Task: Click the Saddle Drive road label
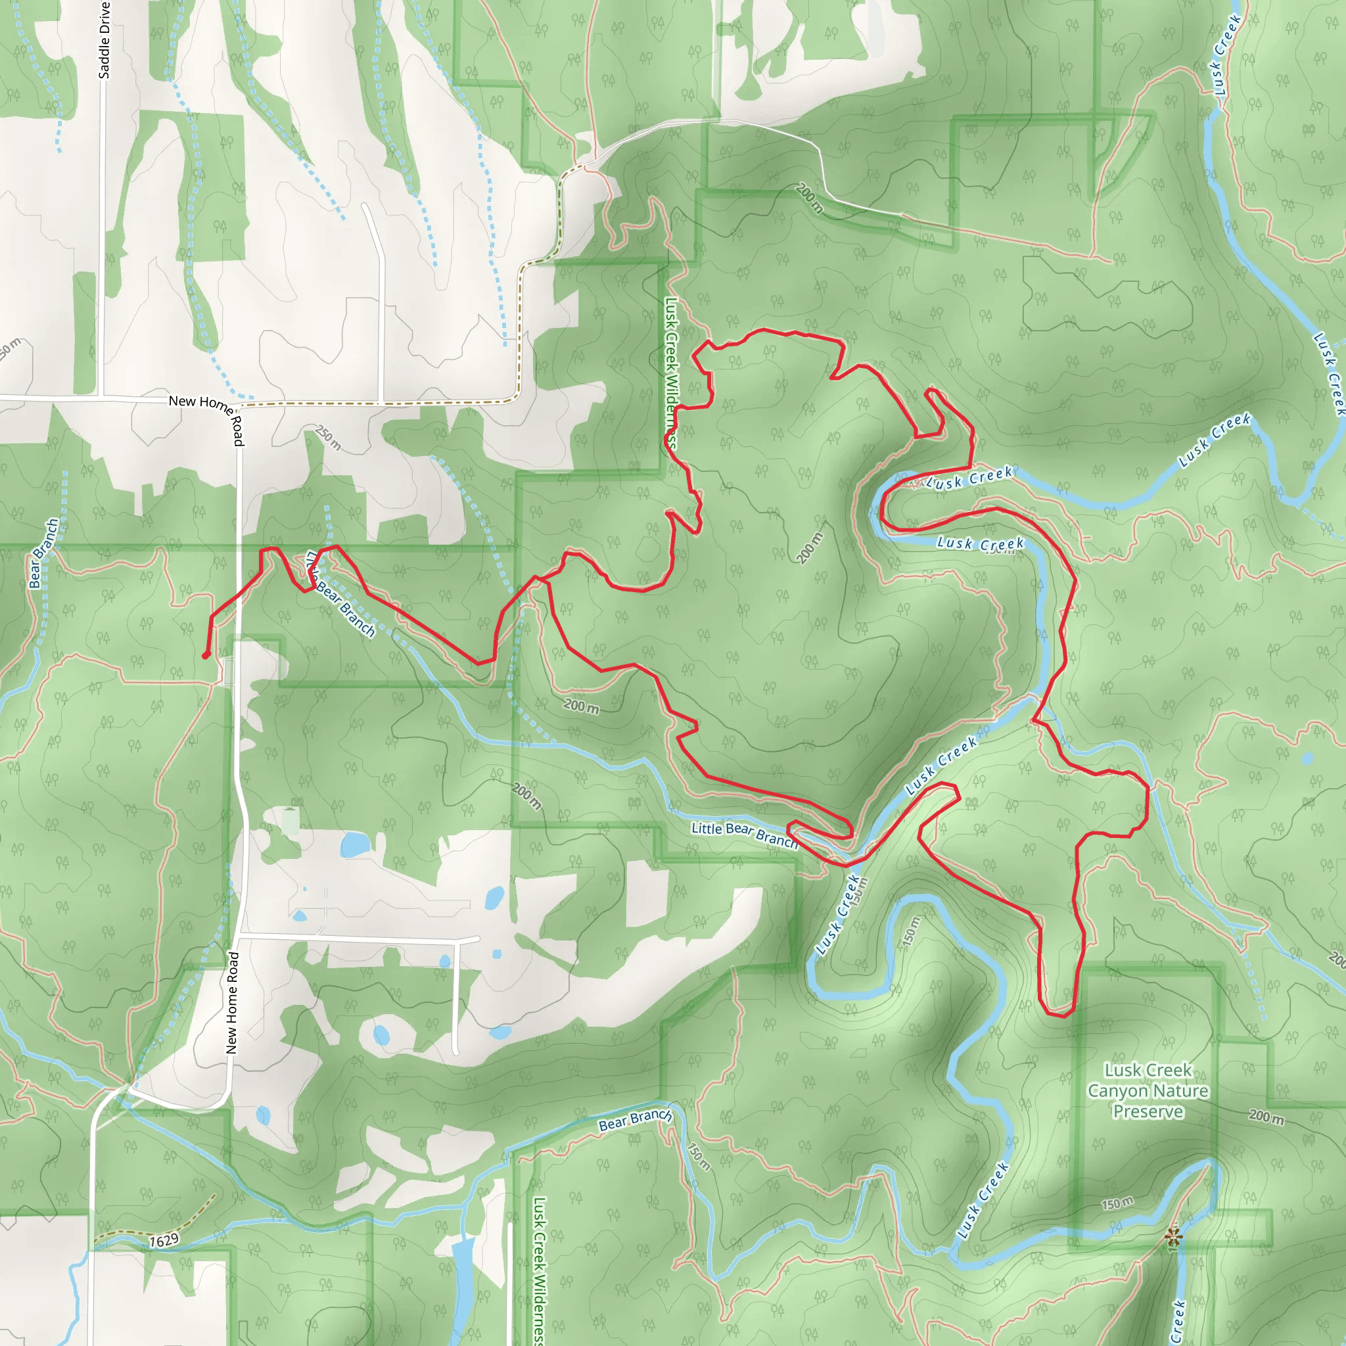[104, 39]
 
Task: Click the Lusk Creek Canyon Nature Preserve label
[1148, 1090]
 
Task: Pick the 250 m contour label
[328, 438]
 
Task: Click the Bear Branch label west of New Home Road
[44, 553]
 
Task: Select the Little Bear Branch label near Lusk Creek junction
[744, 833]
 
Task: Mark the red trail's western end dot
[206, 655]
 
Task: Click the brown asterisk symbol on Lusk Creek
[1173, 1236]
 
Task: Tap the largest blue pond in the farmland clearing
[356, 845]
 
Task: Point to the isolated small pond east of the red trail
[1307, 758]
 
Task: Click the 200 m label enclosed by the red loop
[810, 547]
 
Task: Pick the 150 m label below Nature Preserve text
[1117, 1203]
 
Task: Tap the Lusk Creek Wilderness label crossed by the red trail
[672, 373]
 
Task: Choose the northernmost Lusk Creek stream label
[1226, 56]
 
